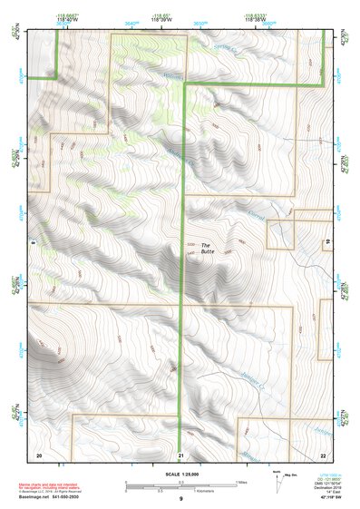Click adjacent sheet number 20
[38, 454]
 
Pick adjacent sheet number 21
[181, 454]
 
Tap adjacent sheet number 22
[323, 454]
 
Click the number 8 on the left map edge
[33, 243]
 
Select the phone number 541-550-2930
[69, 495]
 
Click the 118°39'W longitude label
[161, 19]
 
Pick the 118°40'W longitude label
[70, 19]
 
